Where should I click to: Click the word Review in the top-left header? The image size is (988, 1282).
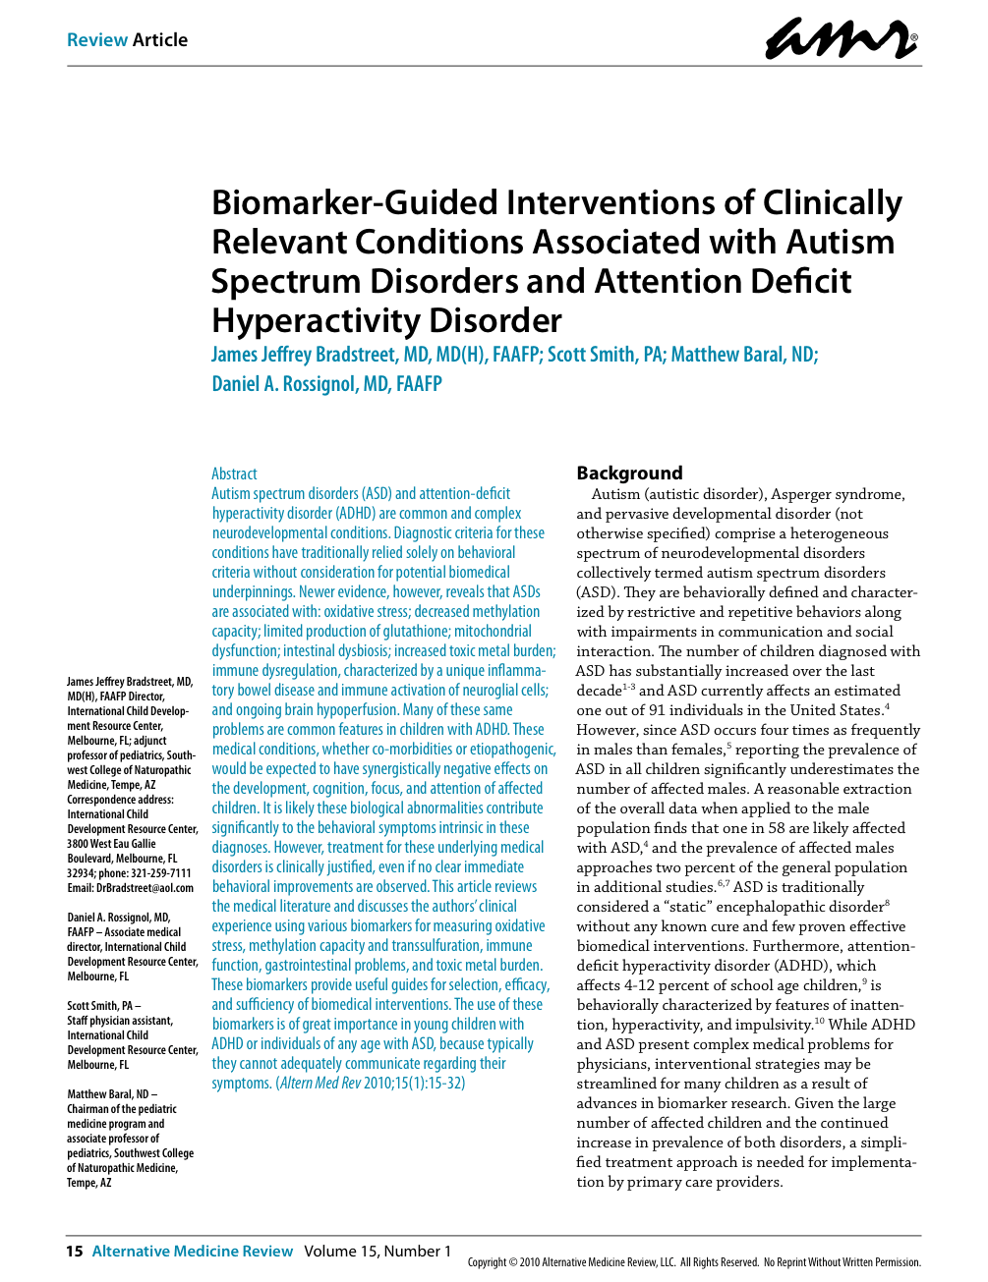click(x=97, y=40)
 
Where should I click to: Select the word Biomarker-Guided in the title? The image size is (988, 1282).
click(x=355, y=202)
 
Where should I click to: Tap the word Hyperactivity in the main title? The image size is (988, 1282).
click(x=332, y=321)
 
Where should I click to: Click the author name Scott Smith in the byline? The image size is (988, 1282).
click(x=593, y=355)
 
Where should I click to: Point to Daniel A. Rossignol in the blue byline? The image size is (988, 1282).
click(x=283, y=384)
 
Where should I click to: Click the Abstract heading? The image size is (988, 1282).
click(x=234, y=474)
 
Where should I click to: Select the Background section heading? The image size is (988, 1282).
click(x=629, y=473)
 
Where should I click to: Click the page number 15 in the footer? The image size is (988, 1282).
click(x=74, y=1251)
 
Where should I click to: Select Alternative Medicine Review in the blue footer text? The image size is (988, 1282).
click(x=193, y=1251)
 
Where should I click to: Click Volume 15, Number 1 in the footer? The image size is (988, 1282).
click(x=378, y=1251)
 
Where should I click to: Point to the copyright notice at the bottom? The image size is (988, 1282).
click(x=694, y=1262)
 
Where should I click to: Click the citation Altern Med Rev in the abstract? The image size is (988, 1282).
click(x=320, y=1084)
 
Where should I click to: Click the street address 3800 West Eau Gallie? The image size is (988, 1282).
click(x=111, y=844)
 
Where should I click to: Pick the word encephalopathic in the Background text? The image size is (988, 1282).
click(x=759, y=907)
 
